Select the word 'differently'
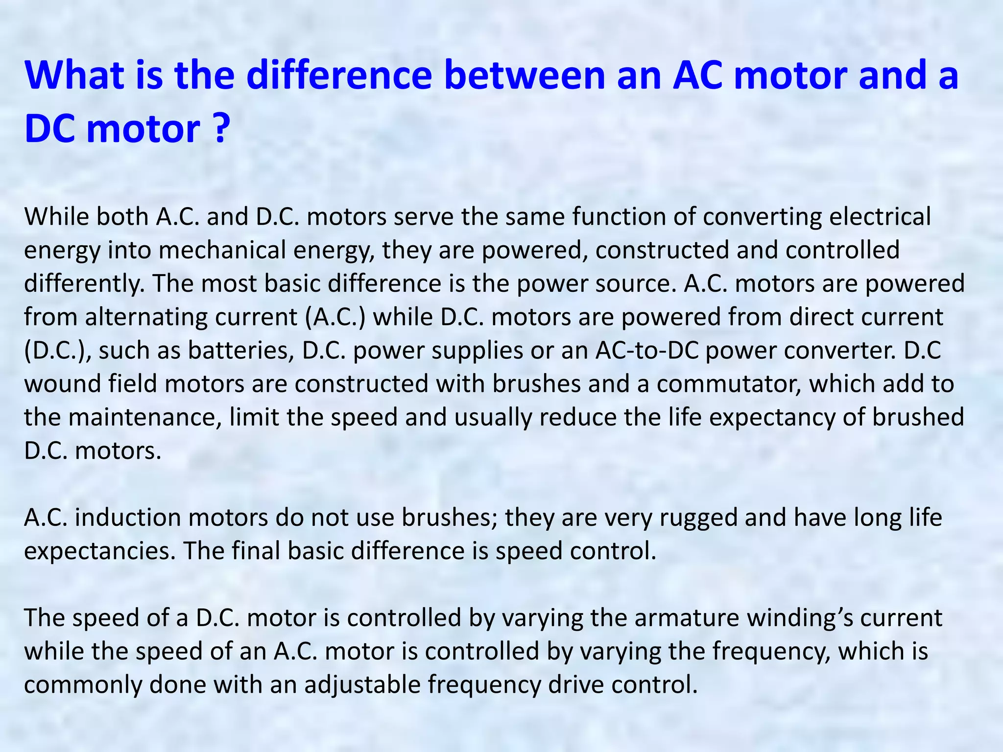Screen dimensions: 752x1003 pyautogui.click(x=84, y=284)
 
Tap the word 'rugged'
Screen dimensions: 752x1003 pyautogui.click(x=698, y=518)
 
